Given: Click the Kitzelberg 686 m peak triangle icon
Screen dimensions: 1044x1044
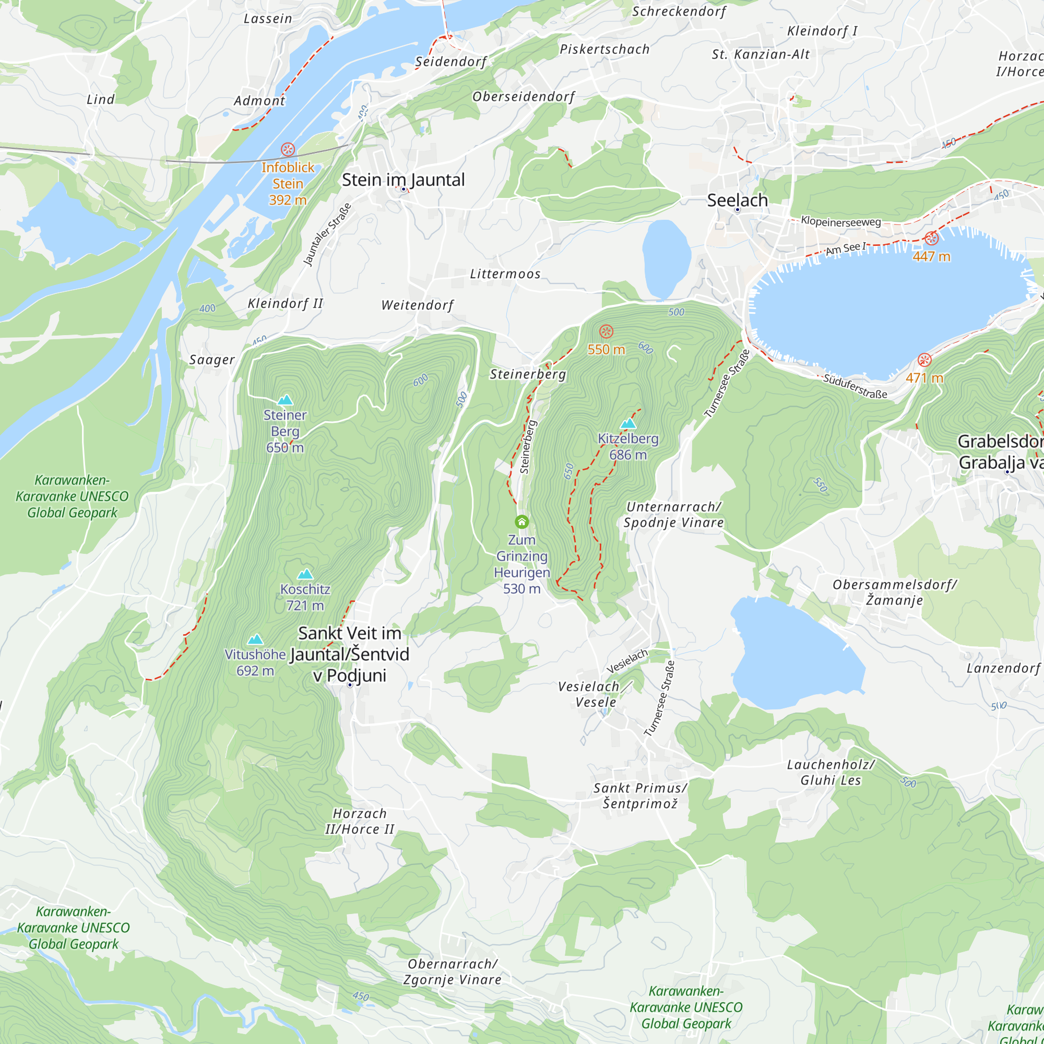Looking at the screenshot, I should point(628,423).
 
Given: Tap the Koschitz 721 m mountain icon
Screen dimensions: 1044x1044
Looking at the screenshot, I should point(305,574).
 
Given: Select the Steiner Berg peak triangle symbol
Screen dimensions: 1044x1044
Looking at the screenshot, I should point(285,400).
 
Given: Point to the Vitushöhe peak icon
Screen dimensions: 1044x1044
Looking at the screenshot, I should point(255,639).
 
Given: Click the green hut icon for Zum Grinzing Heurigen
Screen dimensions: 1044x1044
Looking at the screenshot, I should point(521,521).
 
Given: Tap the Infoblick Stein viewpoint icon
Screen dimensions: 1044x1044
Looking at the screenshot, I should point(288,149).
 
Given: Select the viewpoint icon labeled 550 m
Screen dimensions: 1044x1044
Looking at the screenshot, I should point(606,331).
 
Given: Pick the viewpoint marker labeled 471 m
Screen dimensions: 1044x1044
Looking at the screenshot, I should point(924,360).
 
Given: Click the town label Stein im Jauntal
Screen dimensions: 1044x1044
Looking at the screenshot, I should point(403,180).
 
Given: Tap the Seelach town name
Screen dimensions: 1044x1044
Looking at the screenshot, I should point(737,200).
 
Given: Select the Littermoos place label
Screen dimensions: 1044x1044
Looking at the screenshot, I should point(505,274).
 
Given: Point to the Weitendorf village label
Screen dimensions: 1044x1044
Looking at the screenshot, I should point(418,305).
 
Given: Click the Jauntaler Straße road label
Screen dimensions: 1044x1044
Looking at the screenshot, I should point(327,234).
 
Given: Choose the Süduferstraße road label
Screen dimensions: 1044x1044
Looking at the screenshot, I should point(855,386).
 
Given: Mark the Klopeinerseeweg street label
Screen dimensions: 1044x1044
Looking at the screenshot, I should point(841,221).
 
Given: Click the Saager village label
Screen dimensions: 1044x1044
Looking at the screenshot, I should point(212,360).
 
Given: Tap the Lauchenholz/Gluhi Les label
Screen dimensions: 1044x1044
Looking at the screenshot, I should point(831,772).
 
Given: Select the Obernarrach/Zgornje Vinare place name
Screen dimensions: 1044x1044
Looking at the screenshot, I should point(452,971).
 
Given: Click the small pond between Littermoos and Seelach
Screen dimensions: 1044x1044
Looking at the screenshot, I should point(666,258).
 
